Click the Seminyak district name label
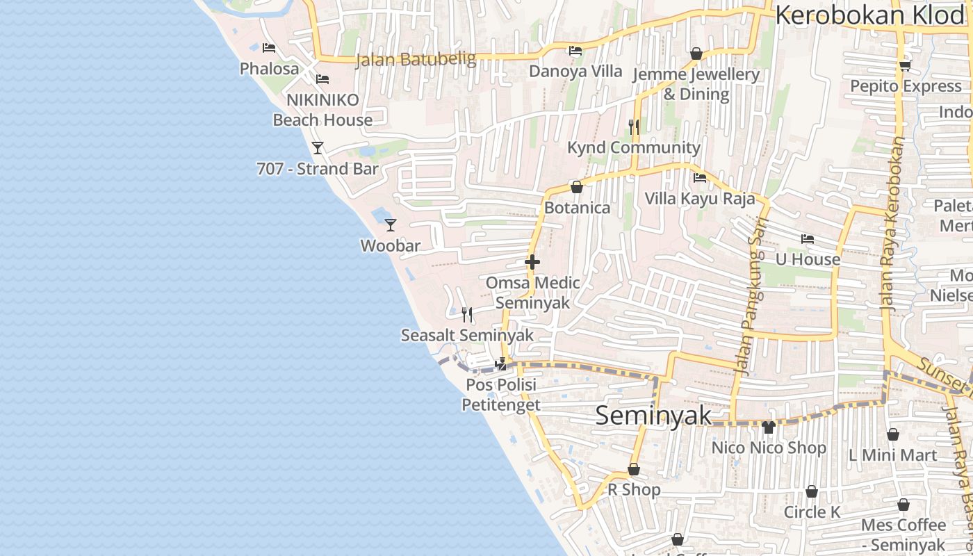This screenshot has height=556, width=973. tap(653, 416)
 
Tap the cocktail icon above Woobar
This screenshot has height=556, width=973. tap(391, 224)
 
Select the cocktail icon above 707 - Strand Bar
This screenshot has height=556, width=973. tap(318, 147)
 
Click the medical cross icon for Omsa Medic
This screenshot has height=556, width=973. tap(532, 262)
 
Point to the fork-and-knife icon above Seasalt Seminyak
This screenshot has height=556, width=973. tap(467, 315)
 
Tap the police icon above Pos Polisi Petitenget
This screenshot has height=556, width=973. tap(500, 363)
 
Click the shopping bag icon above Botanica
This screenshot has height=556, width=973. tap(576, 187)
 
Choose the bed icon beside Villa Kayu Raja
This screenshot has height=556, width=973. tap(700, 178)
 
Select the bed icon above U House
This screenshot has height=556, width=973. tap(807, 239)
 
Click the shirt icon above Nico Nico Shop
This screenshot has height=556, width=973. tap(768, 427)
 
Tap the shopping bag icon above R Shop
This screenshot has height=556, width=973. tap(634, 469)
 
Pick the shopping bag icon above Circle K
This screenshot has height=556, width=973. tap(811, 492)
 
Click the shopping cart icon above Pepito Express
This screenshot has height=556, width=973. tap(905, 66)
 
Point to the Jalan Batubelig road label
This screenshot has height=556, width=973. tap(416, 60)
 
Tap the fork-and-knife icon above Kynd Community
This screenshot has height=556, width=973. tap(633, 126)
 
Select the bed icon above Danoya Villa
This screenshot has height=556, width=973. tap(575, 51)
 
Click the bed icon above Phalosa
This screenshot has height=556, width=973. tap(269, 48)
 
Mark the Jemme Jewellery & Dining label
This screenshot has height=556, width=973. tap(696, 84)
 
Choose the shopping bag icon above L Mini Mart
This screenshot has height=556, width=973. tap(893, 434)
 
